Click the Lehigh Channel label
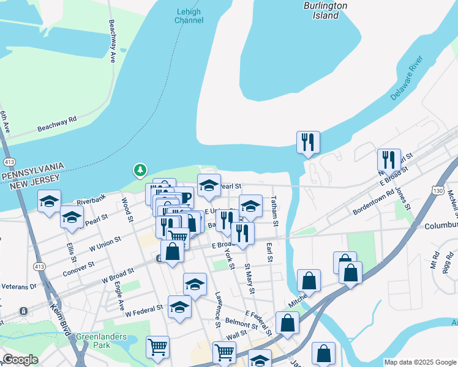pyautogui.click(x=189, y=16)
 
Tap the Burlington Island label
pyautogui.click(x=325, y=10)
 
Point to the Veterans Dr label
pyautogui.click(x=18, y=286)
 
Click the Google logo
pyautogui.click(x=21, y=360)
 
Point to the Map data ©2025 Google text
pyautogui.click(x=419, y=362)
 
